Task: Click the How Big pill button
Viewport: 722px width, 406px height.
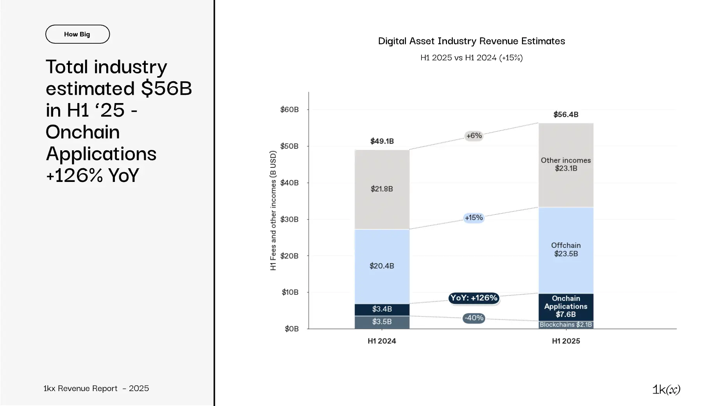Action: pyautogui.click(x=77, y=34)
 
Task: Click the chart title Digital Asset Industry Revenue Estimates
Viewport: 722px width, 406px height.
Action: pyautogui.click(x=471, y=41)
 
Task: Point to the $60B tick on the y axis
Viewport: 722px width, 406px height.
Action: pyautogui.click(x=290, y=110)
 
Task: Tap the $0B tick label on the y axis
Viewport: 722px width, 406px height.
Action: pyautogui.click(x=291, y=329)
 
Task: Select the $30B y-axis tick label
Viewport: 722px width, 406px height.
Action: pyautogui.click(x=290, y=219)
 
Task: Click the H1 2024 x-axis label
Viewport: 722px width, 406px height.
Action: pyautogui.click(x=382, y=341)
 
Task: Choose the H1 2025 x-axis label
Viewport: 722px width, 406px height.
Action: pyautogui.click(x=566, y=341)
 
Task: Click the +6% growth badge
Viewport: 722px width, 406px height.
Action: pyautogui.click(x=474, y=136)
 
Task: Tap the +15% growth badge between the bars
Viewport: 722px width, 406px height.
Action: pyautogui.click(x=474, y=218)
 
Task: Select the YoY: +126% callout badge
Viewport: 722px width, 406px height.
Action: pyautogui.click(x=474, y=298)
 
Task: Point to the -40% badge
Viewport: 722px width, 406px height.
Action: pyautogui.click(x=474, y=318)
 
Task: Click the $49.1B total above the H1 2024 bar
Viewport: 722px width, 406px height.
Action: pyautogui.click(x=382, y=141)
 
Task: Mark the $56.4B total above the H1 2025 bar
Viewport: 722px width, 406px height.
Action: pyautogui.click(x=566, y=115)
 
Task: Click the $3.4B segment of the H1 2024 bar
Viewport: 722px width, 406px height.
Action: pyautogui.click(x=382, y=309)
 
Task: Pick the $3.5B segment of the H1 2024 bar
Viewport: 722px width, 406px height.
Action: pyautogui.click(x=382, y=322)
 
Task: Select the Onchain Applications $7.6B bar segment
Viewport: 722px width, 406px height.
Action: pyautogui.click(x=566, y=306)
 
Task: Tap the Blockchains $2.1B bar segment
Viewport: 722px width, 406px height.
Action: pyautogui.click(x=566, y=325)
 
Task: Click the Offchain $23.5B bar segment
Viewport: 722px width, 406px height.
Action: pyautogui.click(x=566, y=250)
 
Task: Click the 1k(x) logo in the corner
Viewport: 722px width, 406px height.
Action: pyautogui.click(x=666, y=389)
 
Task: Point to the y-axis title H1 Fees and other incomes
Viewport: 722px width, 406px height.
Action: pyautogui.click(x=273, y=211)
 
